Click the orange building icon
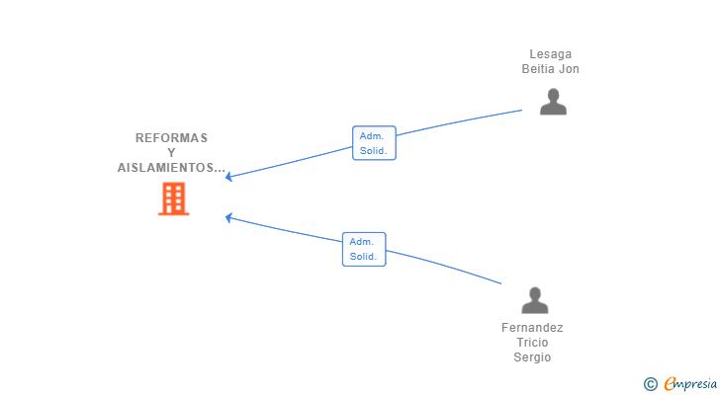click(x=174, y=198)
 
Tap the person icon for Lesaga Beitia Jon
click(x=553, y=102)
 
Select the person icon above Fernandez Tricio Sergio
click(x=535, y=300)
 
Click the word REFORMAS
click(x=171, y=138)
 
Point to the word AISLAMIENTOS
click(x=167, y=168)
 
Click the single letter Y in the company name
click(x=171, y=153)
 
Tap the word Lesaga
click(x=551, y=54)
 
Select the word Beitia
click(x=537, y=69)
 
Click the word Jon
click(x=569, y=69)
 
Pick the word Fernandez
click(x=532, y=328)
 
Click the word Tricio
click(x=532, y=343)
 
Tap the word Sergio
click(x=532, y=357)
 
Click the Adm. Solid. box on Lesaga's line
click(x=374, y=143)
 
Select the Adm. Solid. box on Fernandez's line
click(x=364, y=249)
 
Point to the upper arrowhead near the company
click(x=228, y=177)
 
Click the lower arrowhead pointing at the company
click(x=228, y=217)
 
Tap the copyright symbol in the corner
click(x=650, y=384)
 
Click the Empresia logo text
click(x=690, y=384)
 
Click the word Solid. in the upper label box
click(x=373, y=151)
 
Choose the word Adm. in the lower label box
click(x=361, y=242)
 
